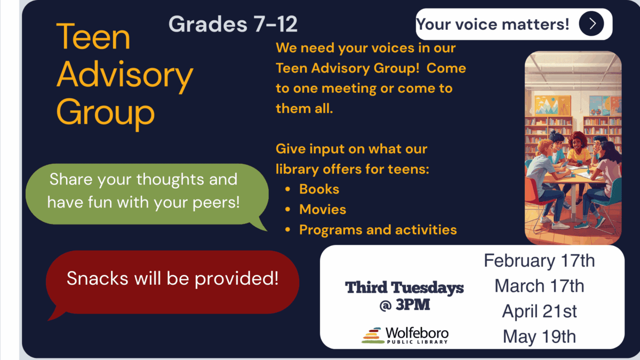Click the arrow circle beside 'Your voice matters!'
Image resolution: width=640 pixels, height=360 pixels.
pyautogui.click(x=591, y=23)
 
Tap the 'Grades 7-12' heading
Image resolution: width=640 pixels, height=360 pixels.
pyautogui.click(x=233, y=24)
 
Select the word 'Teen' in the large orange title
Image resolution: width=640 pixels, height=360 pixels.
pyautogui.click(x=93, y=37)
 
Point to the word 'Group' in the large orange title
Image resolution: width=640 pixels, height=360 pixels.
pyautogui.click(x=106, y=113)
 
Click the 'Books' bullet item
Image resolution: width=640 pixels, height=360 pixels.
pyautogui.click(x=319, y=189)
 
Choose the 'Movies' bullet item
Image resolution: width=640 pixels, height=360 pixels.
pyautogui.click(x=323, y=210)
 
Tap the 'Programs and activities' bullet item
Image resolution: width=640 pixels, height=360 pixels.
pyautogui.click(x=378, y=230)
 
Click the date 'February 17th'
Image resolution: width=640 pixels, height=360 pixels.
pyautogui.click(x=539, y=261)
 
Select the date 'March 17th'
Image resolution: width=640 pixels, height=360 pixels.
pyautogui.click(x=539, y=286)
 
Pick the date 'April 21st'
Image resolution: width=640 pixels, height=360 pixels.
pyautogui.click(x=539, y=311)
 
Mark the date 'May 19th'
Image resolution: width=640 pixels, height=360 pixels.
pyautogui.click(x=539, y=337)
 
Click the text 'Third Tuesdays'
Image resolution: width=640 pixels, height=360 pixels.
pyautogui.click(x=404, y=287)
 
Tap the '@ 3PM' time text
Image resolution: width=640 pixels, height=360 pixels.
pyautogui.click(x=405, y=305)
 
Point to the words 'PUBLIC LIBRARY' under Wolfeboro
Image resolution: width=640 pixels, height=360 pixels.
pyautogui.click(x=417, y=342)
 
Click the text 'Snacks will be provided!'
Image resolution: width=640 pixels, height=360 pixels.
pyautogui.click(x=172, y=278)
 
